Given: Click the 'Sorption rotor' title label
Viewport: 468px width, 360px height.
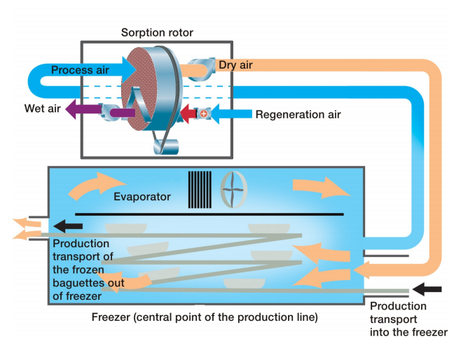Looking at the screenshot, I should (x=157, y=32).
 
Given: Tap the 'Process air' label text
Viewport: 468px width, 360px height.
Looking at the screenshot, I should (x=78, y=71).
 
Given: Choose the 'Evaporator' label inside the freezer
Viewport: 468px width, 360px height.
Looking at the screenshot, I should (x=142, y=197).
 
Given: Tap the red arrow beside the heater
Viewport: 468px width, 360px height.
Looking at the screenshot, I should (x=188, y=113).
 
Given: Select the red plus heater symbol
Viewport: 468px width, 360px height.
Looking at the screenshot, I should (x=204, y=113).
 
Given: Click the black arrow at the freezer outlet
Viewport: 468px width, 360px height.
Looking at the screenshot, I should (x=69, y=226).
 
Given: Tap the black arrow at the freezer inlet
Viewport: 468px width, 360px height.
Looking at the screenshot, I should (x=427, y=288).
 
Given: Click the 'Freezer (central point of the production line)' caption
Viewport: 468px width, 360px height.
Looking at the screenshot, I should (x=205, y=317).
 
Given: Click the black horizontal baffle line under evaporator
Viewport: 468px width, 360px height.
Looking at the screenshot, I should (x=209, y=213).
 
